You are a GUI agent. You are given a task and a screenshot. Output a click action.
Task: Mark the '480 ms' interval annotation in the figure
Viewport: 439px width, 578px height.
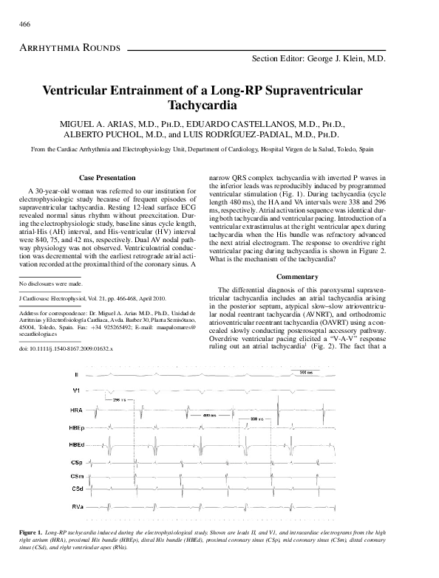209,415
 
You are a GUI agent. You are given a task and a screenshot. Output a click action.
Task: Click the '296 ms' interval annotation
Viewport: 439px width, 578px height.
121,399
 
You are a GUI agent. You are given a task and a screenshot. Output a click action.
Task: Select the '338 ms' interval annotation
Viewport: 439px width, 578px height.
256,419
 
